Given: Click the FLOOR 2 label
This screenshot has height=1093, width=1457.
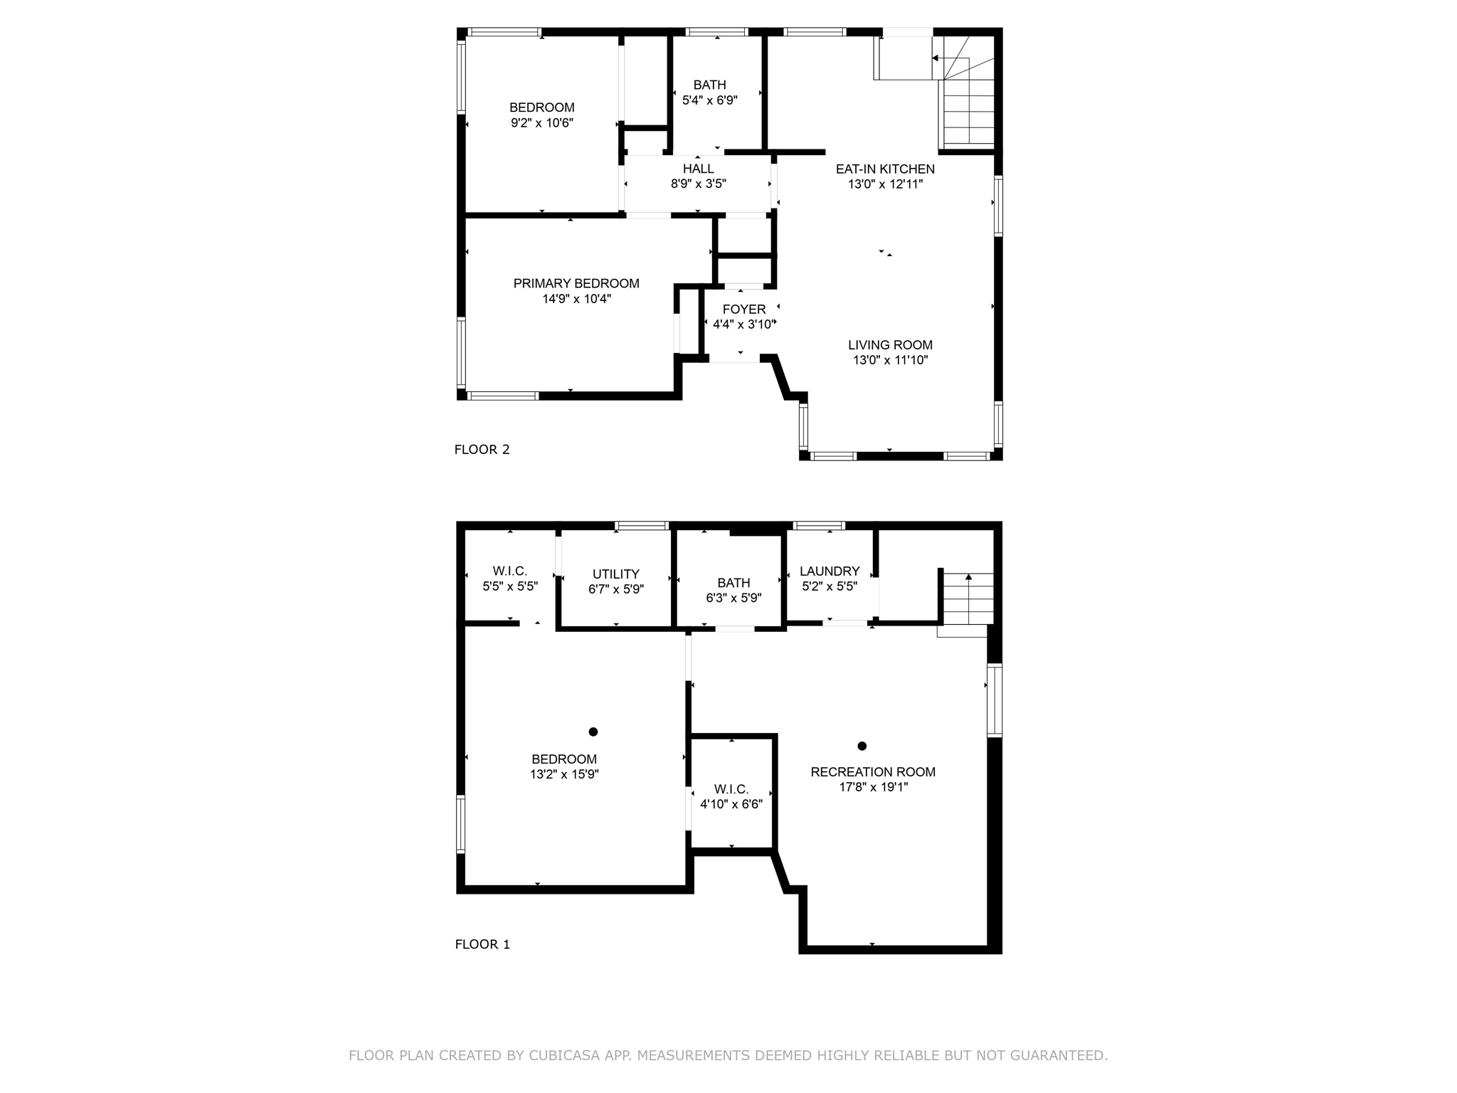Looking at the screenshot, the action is (x=482, y=449).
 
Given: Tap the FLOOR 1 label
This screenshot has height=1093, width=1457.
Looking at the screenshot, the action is (x=482, y=944).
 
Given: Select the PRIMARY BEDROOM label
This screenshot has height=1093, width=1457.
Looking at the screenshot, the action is (x=576, y=283).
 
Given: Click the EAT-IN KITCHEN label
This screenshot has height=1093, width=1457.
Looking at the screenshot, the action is (x=885, y=169).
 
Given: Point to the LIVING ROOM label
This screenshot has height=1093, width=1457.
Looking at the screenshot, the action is (x=890, y=344).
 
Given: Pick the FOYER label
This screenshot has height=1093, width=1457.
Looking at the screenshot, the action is (x=744, y=309).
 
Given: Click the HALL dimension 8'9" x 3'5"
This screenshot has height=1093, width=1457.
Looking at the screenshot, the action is (x=699, y=184).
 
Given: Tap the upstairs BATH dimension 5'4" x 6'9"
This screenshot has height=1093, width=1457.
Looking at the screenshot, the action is (x=710, y=100).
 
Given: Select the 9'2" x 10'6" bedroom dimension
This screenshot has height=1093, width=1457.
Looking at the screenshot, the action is (x=542, y=122).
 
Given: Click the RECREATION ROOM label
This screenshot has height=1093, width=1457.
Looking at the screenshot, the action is (x=873, y=771).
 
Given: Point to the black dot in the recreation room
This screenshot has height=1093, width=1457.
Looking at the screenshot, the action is (x=862, y=746).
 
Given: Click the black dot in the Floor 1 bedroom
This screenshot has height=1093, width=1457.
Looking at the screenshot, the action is (x=593, y=732).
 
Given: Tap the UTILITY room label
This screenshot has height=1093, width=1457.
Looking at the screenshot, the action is (x=616, y=574).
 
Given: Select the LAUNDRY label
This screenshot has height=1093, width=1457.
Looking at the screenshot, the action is (x=830, y=571).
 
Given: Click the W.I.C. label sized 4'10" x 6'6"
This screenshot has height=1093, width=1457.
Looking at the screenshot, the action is (x=731, y=789).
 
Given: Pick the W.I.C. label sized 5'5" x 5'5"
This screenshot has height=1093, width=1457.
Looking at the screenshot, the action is (x=510, y=571).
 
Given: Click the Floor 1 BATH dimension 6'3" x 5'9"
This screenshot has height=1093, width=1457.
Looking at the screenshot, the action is (x=733, y=598).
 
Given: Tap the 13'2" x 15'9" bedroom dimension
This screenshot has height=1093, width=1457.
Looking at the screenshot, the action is (x=564, y=774).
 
